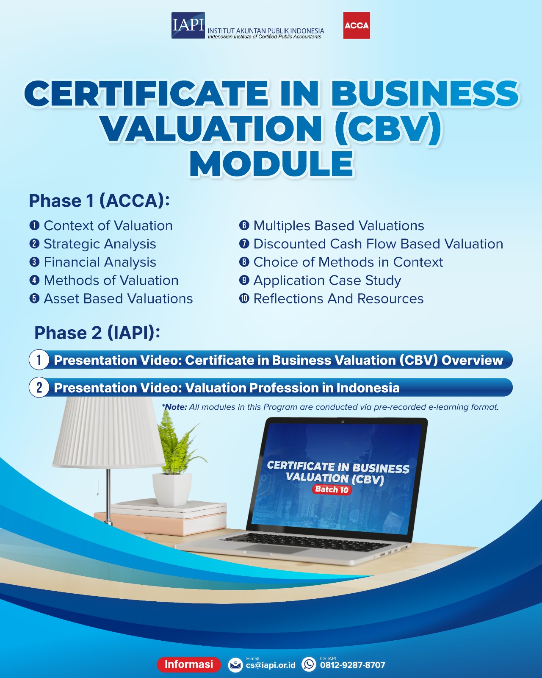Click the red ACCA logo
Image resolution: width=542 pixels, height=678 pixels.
point(357,25)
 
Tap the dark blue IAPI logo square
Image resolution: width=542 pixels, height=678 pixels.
point(188,25)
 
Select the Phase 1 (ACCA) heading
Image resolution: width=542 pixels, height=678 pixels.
point(100,201)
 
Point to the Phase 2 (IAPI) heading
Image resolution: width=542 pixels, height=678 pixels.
point(97,333)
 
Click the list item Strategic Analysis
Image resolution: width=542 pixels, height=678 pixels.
point(100,244)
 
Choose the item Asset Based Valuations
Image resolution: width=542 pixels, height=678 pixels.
point(118,299)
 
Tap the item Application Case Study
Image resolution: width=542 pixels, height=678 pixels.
point(327,281)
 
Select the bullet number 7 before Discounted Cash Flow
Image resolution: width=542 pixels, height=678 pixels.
point(244,244)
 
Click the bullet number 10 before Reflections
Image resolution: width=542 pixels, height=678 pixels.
point(244,298)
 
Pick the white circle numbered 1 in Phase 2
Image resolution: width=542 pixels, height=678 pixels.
point(39,360)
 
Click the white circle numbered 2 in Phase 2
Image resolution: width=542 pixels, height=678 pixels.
point(39,387)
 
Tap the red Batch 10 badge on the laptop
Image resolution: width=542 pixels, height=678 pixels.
point(332,489)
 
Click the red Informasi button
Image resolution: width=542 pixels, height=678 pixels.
point(189,664)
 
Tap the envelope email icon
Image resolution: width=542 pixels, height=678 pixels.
point(235,665)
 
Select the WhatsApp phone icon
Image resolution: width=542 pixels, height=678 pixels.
point(309,664)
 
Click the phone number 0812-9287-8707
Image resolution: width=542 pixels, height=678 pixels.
point(352,665)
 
